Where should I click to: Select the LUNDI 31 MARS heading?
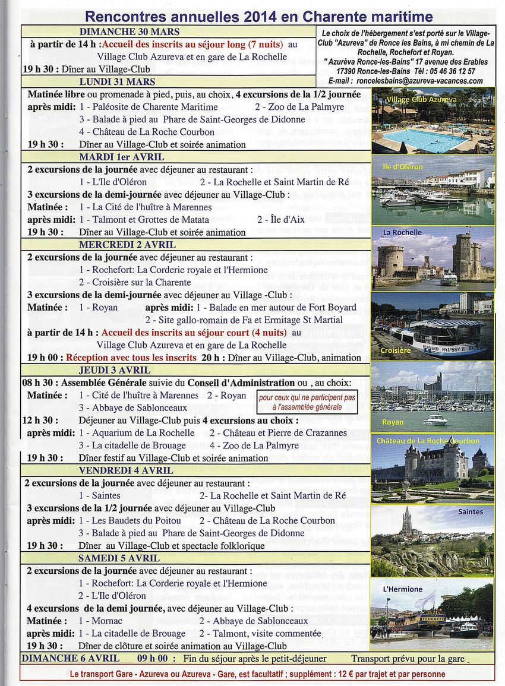tap(117, 82)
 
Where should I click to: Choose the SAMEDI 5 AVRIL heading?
tap(119, 558)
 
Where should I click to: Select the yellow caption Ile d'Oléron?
tap(403, 167)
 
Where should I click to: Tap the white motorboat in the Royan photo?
tap(435, 419)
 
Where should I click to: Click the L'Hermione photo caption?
tap(403, 589)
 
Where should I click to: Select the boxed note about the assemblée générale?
tap(307, 402)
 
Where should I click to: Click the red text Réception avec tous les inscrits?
tap(131, 358)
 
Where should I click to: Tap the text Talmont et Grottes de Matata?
tap(156, 220)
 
